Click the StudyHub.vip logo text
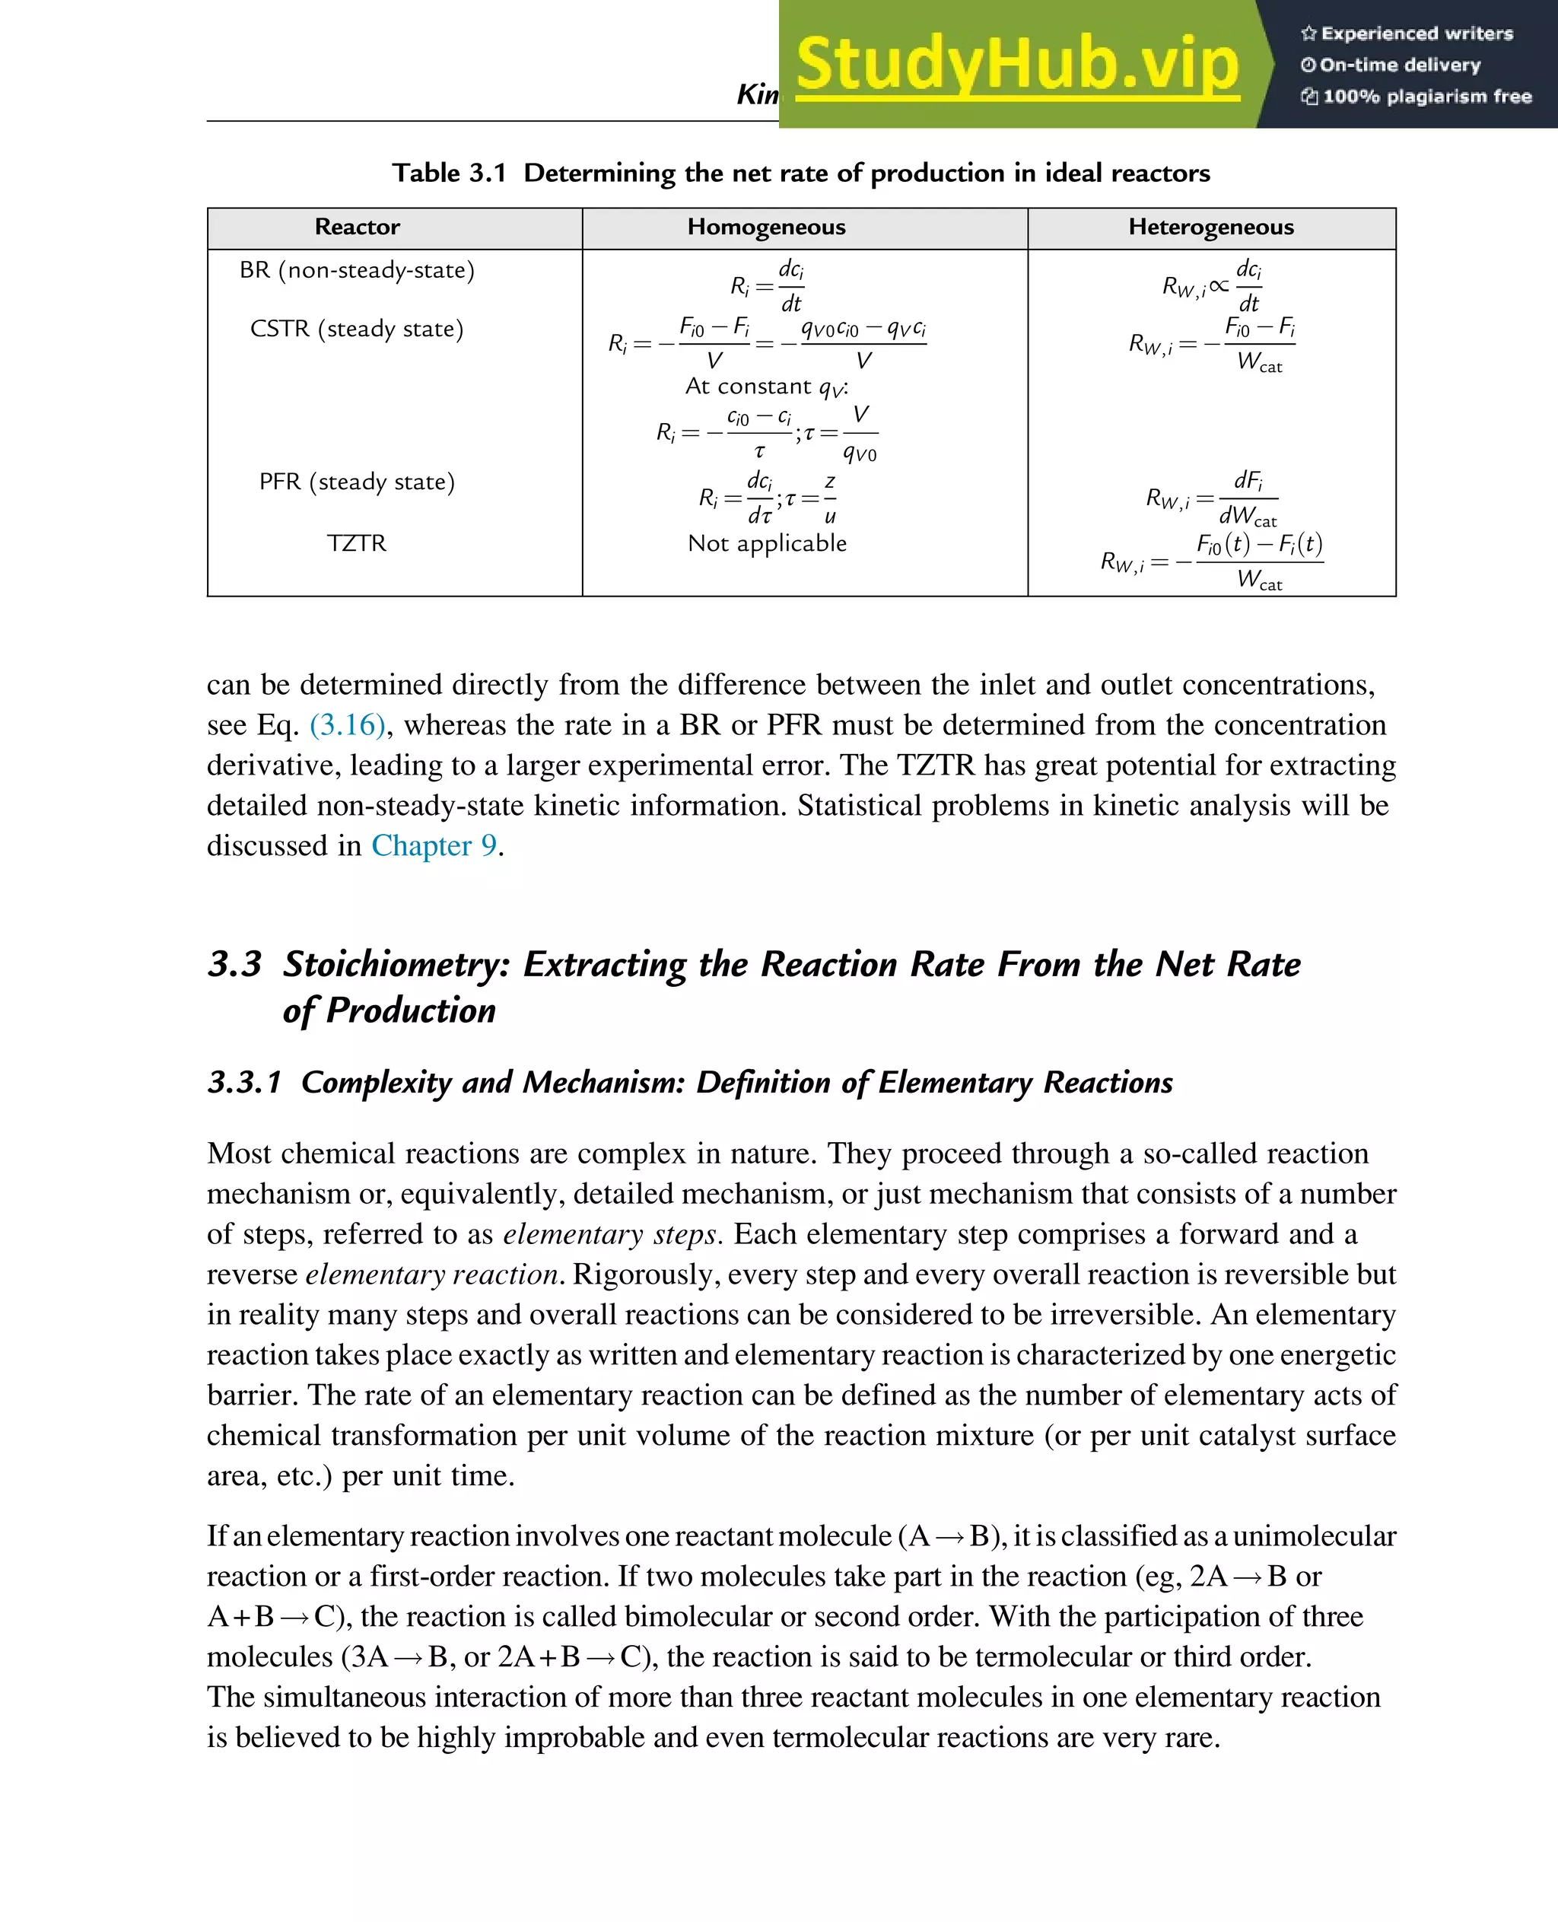click(x=1017, y=65)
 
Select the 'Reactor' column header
click(x=358, y=227)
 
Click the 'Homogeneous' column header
click(x=766, y=227)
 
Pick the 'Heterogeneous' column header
click(x=1210, y=227)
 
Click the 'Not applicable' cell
click(x=766, y=543)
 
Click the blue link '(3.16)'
click(x=348, y=724)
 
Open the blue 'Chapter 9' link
click(x=434, y=845)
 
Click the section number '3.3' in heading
click(x=234, y=964)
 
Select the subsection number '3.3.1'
click(x=244, y=1083)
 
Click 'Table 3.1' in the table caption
click(x=449, y=173)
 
